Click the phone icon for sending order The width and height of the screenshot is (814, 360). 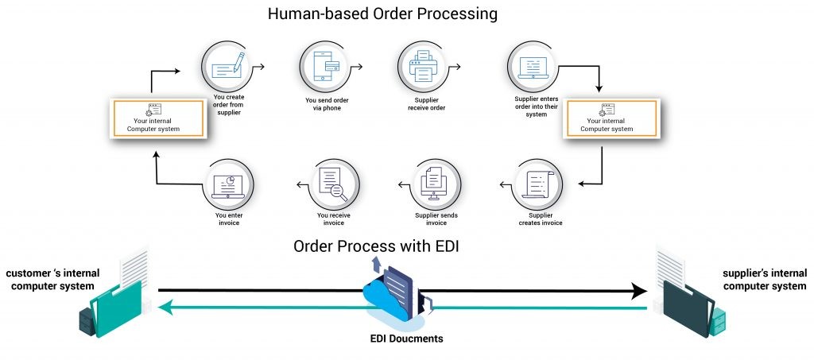click(x=326, y=68)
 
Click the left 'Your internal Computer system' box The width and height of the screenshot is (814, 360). click(x=157, y=119)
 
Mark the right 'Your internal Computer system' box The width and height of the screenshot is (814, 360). click(x=610, y=120)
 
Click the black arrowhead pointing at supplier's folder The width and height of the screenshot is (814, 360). click(x=638, y=291)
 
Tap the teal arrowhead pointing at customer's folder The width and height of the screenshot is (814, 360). click(x=165, y=308)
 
